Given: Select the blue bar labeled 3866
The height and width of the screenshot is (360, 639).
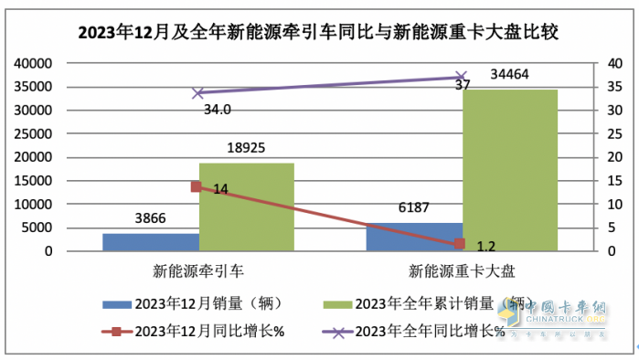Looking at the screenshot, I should (150, 242).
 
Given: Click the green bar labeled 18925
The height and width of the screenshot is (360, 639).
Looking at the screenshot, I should (246, 207).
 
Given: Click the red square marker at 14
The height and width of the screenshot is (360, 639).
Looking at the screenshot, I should (196, 186).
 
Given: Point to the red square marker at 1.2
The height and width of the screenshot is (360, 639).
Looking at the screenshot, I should (461, 244).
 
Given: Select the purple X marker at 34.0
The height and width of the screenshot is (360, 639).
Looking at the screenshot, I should (197, 92).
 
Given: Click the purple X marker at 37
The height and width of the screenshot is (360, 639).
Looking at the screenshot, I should (462, 78).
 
